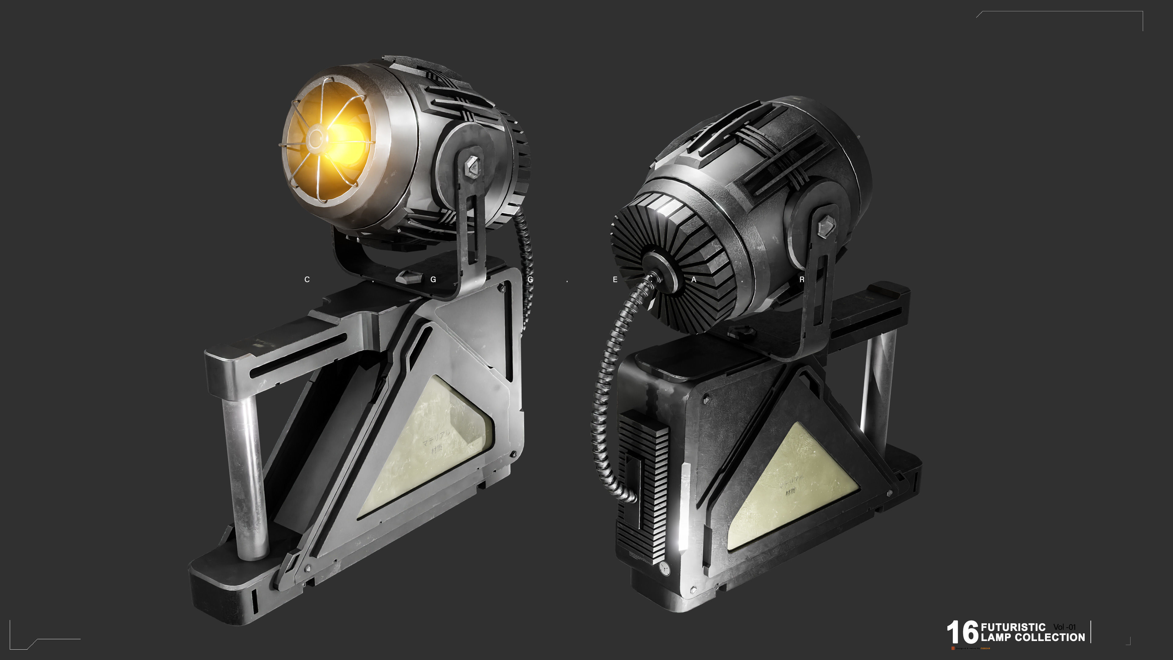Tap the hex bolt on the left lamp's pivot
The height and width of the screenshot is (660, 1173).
473,167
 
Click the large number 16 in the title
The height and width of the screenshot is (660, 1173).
962,632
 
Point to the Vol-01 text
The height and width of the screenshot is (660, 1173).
1064,627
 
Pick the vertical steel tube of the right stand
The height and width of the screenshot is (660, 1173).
877,387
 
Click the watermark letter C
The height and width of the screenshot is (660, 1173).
307,280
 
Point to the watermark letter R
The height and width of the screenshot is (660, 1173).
802,280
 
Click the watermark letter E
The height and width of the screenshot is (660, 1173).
615,280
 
